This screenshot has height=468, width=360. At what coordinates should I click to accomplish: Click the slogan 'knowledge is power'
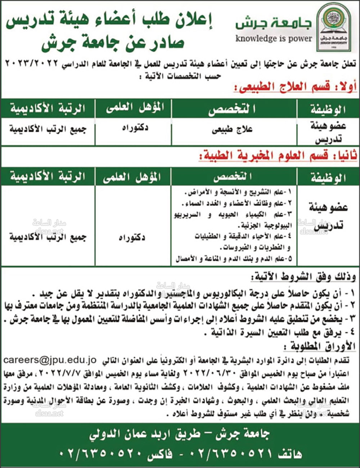274,38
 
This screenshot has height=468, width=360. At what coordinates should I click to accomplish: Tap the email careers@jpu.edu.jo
50,360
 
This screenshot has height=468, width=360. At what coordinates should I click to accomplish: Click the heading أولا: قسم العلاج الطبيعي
295,87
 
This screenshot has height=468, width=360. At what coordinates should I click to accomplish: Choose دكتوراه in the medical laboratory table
132,238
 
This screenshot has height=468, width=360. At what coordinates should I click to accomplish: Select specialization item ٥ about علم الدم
234,259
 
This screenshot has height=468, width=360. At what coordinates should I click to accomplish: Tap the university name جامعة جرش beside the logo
274,23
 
